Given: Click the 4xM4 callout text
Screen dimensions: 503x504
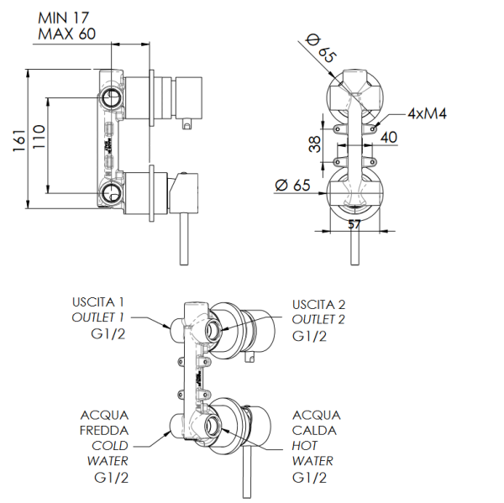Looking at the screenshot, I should click(x=427, y=113).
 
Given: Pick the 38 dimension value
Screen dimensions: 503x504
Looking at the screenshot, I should click(x=314, y=144).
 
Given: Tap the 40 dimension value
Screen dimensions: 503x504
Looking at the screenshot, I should click(x=389, y=137).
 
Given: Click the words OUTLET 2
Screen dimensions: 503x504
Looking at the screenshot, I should click(x=318, y=319).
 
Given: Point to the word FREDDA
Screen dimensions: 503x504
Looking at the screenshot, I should click(x=104, y=431).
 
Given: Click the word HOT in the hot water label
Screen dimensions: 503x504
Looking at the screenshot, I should click(x=306, y=446).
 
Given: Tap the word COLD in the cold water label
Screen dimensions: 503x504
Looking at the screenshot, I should click(x=109, y=446).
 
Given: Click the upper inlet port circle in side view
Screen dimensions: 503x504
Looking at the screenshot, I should click(x=111, y=98).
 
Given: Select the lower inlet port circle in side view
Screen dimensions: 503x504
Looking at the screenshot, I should click(x=111, y=196).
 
